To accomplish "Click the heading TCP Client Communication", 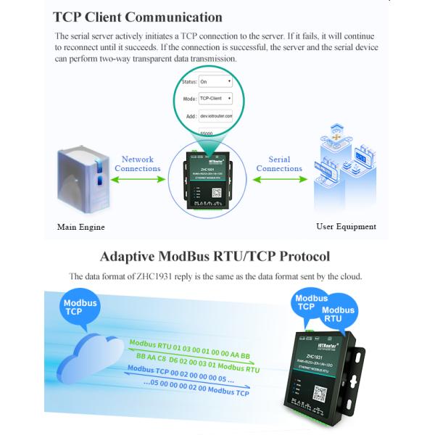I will tap(138, 17).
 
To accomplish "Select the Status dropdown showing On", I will tap(215, 82).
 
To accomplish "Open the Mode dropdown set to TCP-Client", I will tap(215, 98).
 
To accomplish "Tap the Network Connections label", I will tap(138, 164).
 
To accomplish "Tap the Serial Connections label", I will tap(279, 164).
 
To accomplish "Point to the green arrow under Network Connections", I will tap(138, 181).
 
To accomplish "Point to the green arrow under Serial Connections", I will tap(279, 181).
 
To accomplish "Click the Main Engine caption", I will tap(80, 227).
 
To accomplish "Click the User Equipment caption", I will tap(346, 226).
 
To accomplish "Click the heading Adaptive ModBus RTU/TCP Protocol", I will tap(215, 256).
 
